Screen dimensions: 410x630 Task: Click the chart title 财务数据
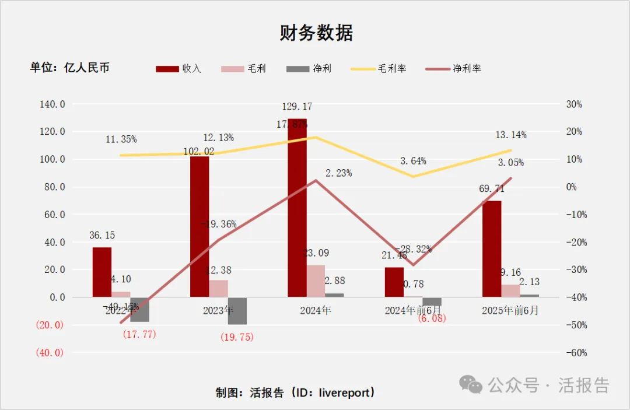pyautogui.click(x=316, y=33)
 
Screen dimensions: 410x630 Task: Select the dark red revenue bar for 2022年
pyautogui.click(x=102, y=272)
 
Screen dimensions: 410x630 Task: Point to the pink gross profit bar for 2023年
pyautogui.click(x=218, y=289)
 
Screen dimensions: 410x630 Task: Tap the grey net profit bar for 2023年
pyautogui.click(x=237, y=310)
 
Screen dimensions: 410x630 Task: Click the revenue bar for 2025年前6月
pyautogui.click(x=492, y=249)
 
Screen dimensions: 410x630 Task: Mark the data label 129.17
pyautogui.click(x=297, y=107)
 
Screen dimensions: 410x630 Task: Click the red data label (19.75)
pyautogui.click(x=237, y=337)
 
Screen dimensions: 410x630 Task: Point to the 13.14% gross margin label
pyautogui.click(x=511, y=135)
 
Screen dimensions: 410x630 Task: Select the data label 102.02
pyautogui.click(x=198, y=151)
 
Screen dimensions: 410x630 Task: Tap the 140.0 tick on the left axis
pyautogui.click(x=52, y=104)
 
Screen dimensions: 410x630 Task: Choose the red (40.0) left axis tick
pyautogui.click(x=49, y=353)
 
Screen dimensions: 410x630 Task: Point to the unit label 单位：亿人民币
pyautogui.click(x=69, y=68)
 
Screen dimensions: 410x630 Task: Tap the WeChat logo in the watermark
pyautogui.click(x=471, y=384)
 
